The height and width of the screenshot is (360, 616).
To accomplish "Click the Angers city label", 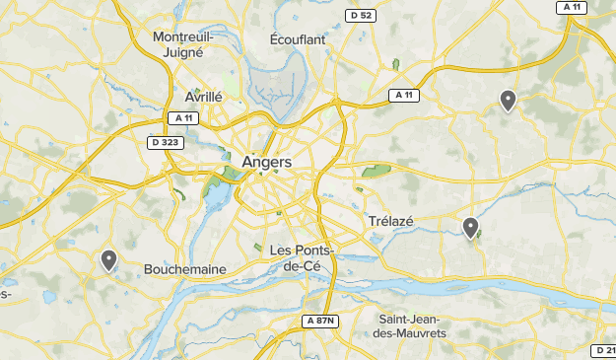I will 266,162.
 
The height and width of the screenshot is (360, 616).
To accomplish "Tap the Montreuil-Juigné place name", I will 184,44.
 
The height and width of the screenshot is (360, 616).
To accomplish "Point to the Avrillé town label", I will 203,97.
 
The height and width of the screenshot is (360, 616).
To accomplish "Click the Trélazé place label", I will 391,221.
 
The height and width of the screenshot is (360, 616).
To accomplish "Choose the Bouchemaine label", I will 185,269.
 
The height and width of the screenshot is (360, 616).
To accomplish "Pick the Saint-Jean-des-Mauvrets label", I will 413,326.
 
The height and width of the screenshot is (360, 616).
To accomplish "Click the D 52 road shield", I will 360,15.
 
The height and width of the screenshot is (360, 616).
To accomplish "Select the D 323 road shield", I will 165,143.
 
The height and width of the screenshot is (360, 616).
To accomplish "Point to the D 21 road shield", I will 603,350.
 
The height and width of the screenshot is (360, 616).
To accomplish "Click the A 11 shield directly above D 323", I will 183,118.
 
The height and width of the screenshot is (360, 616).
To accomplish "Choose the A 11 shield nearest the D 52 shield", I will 402,96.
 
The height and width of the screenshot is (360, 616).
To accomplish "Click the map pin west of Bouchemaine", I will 108,260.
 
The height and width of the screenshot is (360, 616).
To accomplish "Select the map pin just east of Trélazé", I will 471,228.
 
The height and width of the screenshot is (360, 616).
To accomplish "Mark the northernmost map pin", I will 508,100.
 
